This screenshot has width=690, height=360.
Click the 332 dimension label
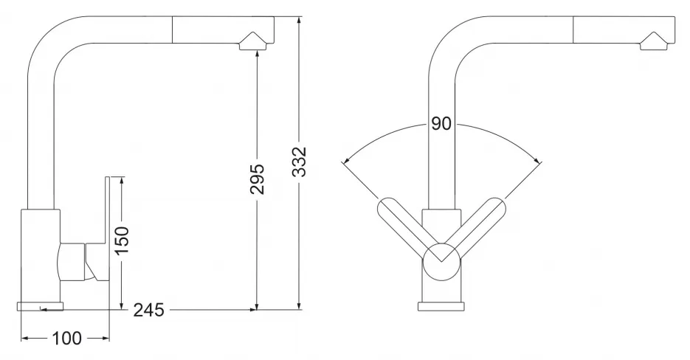299,162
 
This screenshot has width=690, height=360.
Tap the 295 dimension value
257,179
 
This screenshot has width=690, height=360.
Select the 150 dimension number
122,240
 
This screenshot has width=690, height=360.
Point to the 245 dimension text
149,311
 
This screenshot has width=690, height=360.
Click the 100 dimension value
67,339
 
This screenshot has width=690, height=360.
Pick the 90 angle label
441,124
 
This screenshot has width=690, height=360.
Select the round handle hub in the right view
441,261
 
